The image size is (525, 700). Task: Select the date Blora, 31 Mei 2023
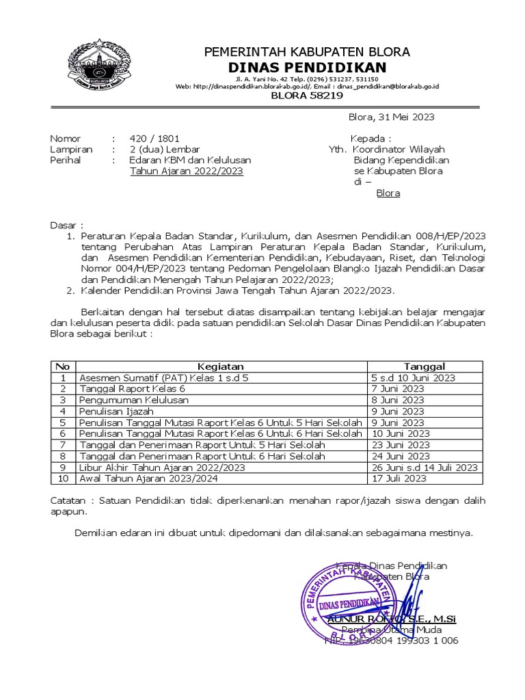[391, 117]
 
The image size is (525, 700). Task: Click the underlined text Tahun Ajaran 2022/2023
[186, 171]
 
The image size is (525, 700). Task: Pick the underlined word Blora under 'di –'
[388, 193]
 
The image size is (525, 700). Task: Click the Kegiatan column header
[220, 366]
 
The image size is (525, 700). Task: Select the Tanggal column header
[424, 366]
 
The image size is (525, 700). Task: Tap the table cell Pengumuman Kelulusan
[134, 399]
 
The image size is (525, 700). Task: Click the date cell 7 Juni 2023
[397, 388]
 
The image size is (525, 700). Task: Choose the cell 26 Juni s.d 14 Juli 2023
[424, 468]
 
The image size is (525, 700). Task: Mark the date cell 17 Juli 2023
[399, 479]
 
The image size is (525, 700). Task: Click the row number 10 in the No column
[63, 479]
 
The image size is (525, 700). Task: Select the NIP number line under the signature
[391, 641]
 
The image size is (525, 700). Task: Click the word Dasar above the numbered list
[66, 225]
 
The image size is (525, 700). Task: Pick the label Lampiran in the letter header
[70, 149]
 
